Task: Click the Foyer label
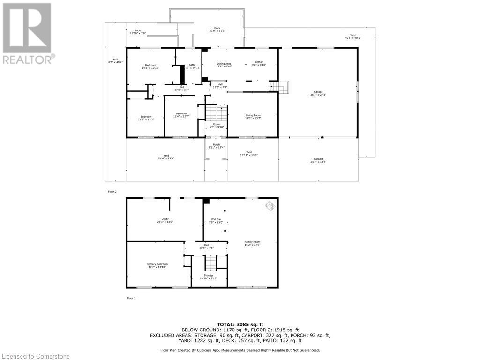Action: click(x=217, y=125)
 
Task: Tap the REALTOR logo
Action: click(x=28, y=33)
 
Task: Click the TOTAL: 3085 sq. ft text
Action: click(x=240, y=324)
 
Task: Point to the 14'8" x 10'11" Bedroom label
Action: click(x=150, y=67)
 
